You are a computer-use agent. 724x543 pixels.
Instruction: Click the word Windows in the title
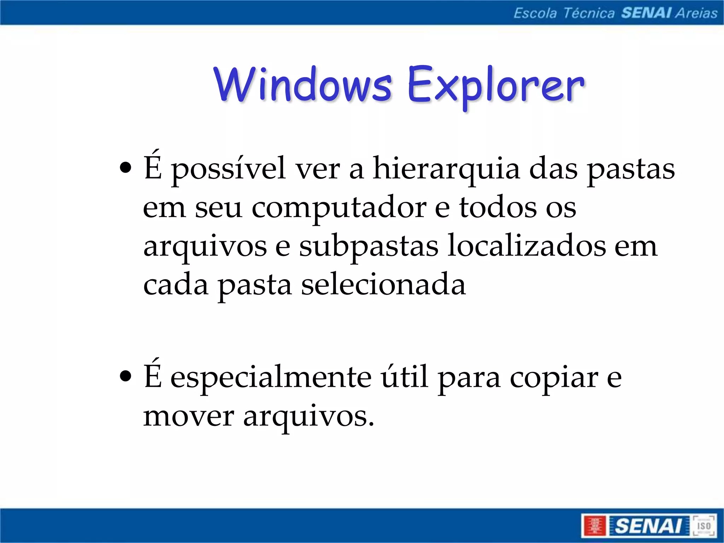(303, 85)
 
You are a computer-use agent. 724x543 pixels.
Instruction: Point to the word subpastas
(369, 247)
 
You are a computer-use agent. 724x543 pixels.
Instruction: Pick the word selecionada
(383, 285)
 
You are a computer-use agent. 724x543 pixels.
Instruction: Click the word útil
(404, 376)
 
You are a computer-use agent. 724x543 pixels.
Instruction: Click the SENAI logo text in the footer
(648, 526)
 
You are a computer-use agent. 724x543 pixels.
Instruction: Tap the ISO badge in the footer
(703, 526)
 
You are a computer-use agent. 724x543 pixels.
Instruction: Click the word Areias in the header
(696, 13)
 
